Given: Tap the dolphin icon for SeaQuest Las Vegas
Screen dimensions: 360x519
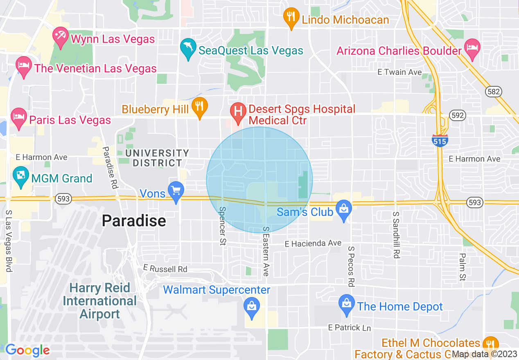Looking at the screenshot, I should pos(188,48).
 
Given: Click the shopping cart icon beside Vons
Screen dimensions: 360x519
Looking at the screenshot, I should pos(176,191).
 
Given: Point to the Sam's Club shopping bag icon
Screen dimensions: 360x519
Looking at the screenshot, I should pos(343,209).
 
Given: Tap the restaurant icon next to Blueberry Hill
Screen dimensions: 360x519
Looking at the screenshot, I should pos(199,106).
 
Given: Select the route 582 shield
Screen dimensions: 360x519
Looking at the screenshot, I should pos(494,92).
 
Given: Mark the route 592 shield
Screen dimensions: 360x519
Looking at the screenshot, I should pos(457,115).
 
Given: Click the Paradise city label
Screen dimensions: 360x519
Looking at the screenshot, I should pos(134,221).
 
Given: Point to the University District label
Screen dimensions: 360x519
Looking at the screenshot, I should pos(157,158).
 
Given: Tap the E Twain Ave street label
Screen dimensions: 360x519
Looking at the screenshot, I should pos(399,72).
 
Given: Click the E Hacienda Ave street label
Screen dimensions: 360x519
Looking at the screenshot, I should pos(313,243).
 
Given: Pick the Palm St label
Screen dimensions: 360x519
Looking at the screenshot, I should pos(463,267).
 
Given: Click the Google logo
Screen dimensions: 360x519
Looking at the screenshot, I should pos(27,350).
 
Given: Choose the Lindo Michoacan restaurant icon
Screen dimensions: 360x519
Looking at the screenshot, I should pos(291,16).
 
